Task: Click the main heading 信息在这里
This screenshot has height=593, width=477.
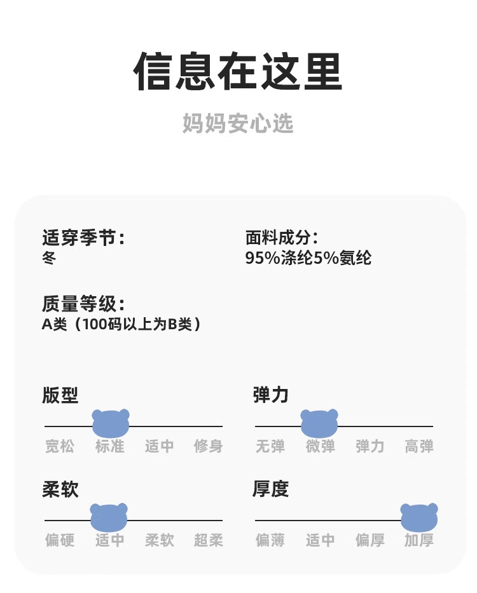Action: tap(238, 71)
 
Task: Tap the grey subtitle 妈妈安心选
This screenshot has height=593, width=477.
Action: tap(238, 123)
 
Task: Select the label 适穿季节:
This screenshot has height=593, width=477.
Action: tap(83, 238)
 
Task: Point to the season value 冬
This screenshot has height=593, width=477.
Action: tap(49, 258)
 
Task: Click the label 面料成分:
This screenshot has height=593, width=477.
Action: tap(282, 238)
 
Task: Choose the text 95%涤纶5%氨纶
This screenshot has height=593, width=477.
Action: tap(308, 258)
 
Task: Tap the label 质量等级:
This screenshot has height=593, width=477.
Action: tap(83, 304)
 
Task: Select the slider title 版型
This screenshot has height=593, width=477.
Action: tap(60, 395)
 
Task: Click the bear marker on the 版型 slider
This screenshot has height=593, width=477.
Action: tap(111, 423)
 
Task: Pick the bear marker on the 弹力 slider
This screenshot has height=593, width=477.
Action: tap(319, 423)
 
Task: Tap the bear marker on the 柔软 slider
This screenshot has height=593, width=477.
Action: tap(109, 517)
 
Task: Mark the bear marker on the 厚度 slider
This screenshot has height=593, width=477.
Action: tap(419, 517)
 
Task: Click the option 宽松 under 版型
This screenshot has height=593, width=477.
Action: tap(60, 447)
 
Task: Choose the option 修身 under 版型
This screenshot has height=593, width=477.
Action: tap(209, 447)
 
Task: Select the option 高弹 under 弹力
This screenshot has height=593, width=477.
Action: tap(419, 447)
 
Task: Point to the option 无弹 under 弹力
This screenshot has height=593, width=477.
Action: tap(270, 447)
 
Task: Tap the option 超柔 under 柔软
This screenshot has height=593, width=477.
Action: tap(209, 541)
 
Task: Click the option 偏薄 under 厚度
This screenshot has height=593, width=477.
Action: tap(270, 541)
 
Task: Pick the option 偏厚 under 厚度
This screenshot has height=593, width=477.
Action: tap(370, 541)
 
